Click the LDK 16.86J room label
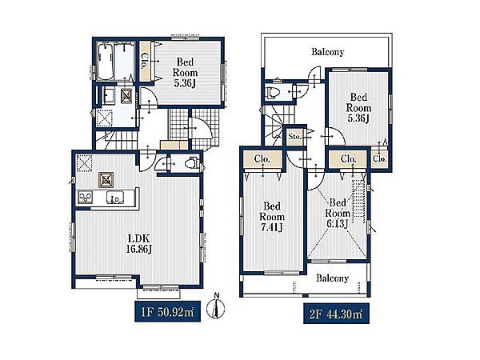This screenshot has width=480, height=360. click(x=139, y=244)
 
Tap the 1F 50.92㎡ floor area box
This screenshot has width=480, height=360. click(x=167, y=311)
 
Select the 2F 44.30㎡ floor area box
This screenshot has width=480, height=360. click(x=336, y=314)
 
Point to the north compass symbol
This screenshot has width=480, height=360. click(x=216, y=306)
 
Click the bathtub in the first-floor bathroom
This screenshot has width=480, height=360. click(x=106, y=61)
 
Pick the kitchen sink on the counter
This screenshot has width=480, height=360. click(x=115, y=198)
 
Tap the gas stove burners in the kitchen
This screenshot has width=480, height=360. click(x=85, y=197)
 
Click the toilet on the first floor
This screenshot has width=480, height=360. click(x=191, y=163)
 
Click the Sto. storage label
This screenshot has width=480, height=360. click(x=294, y=137)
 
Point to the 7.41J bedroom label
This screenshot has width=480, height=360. click(x=272, y=217)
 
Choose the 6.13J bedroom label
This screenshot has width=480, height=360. click(x=338, y=213)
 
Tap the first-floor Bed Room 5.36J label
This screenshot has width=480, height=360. click(x=186, y=73)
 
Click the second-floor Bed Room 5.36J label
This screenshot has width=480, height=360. click(x=358, y=108)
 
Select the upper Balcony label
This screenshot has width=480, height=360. click(x=327, y=52)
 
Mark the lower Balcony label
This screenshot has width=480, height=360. click(x=333, y=278)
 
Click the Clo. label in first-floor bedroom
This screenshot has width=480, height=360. click(x=145, y=61)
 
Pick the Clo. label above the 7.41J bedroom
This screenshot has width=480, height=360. click(x=262, y=159)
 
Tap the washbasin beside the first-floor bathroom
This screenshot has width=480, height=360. click(x=108, y=96)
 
